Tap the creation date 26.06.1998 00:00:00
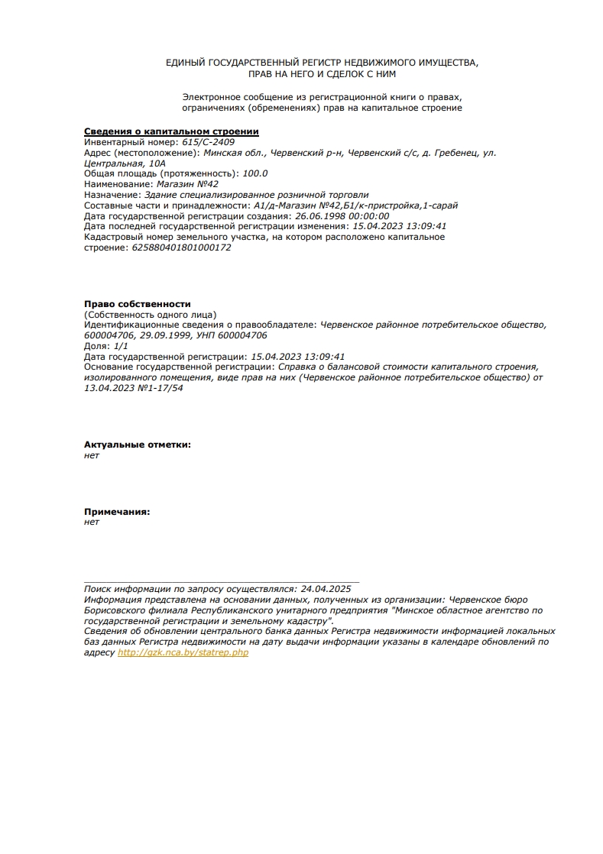coord(342,215)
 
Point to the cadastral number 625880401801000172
coord(181,247)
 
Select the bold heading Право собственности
coord(137,304)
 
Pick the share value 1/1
coord(121,346)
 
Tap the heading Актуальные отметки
coord(137,444)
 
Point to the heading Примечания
coord(116,511)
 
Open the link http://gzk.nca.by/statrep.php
coord(183,653)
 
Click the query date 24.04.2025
coord(326,589)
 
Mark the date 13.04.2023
coord(104,388)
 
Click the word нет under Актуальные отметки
coord(91,455)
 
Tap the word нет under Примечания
coord(91,522)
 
